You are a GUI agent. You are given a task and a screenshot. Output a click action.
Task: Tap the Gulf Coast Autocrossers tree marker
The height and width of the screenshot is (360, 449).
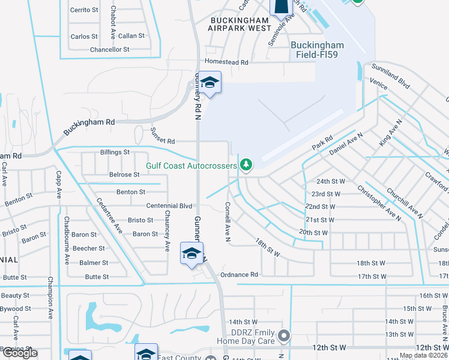(245, 164)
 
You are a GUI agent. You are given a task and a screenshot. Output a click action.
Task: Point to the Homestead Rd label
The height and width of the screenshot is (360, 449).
(226, 62)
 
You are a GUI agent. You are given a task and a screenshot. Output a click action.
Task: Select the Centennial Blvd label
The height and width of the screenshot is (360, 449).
(169, 206)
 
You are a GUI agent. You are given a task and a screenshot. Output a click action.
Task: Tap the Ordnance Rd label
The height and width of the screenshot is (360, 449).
(239, 275)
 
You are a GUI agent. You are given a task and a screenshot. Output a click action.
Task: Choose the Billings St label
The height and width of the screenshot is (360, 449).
(115, 152)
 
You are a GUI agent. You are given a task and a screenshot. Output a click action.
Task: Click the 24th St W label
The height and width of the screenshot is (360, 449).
(331, 181)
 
